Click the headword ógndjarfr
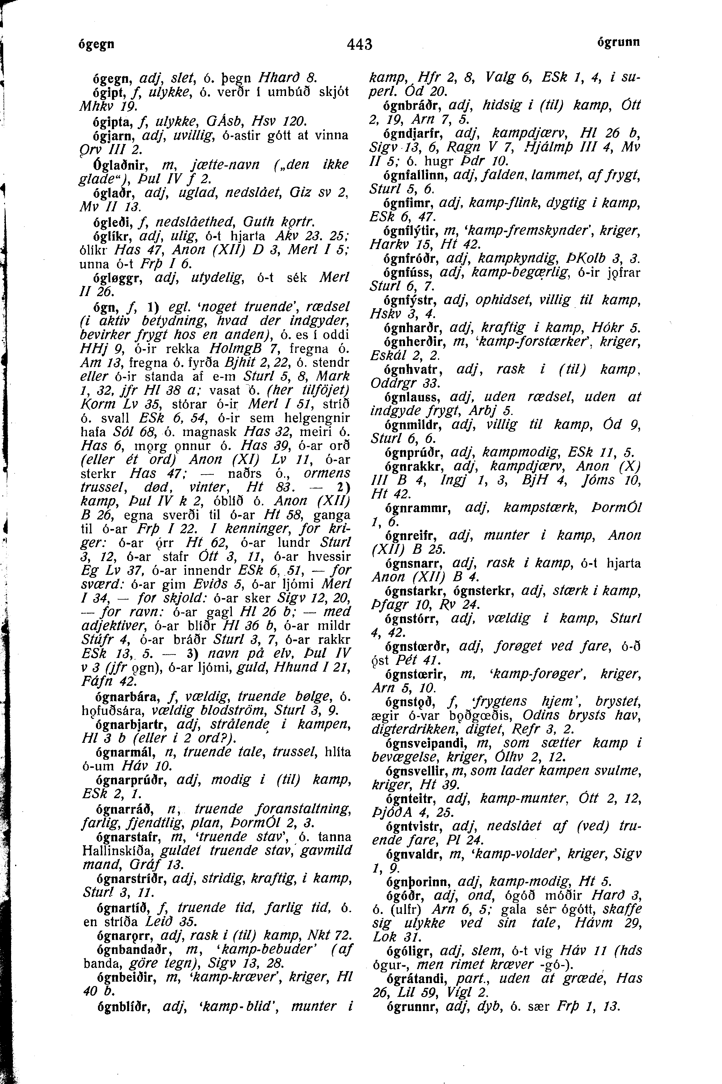413,134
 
